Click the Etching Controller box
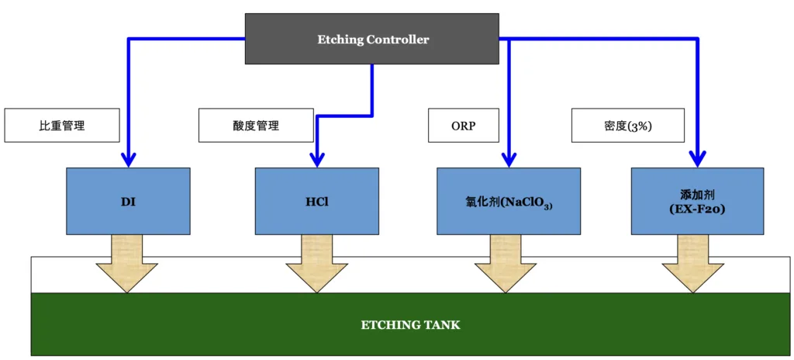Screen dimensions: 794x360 [x=372, y=39]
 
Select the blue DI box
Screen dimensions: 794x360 [x=129, y=201]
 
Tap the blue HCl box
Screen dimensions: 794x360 [x=317, y=201]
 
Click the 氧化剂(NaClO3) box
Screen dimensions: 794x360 [x=509, y=201]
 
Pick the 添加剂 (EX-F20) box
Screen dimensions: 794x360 [x=697, y=201]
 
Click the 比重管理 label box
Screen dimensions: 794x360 [x=62, y=125]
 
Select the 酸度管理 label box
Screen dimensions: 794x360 [x=256, y=125]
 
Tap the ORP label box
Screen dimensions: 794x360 [x=464, y=125]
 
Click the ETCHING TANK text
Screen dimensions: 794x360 [x=411, y=325]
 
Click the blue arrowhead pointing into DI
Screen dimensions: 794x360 [x=129, y=160]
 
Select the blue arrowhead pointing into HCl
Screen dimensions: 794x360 [x=317, y=160]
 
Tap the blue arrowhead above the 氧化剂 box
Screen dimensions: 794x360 [x=509, y=160]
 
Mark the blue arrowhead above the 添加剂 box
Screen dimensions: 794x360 [x=697, y=160]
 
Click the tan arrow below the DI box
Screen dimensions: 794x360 [x=126, y=264]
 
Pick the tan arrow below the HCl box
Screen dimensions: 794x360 [x=317, y=264]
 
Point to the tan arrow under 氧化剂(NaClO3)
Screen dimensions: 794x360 [x=506, y=264]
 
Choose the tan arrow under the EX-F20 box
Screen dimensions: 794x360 [x=693, y=264]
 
